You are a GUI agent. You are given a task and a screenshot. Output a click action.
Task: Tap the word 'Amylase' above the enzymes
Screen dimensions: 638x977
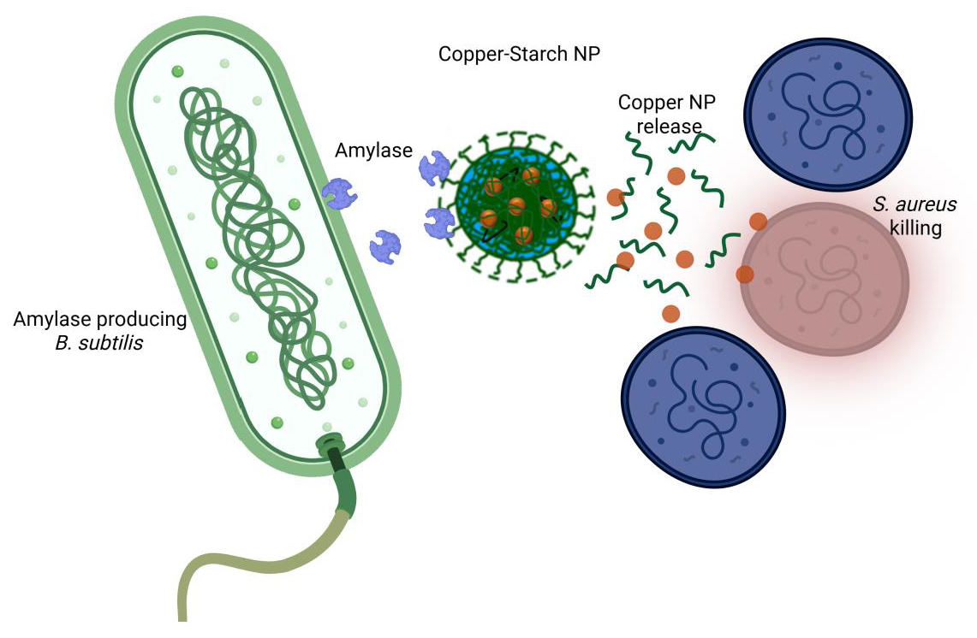pos(374,151)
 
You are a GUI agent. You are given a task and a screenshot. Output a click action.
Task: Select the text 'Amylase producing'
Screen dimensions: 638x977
pos(100,320)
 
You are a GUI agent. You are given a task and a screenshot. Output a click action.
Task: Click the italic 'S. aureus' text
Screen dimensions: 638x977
pos(914,204)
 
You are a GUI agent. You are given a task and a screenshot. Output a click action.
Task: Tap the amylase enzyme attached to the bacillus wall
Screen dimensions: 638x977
pos(339,195)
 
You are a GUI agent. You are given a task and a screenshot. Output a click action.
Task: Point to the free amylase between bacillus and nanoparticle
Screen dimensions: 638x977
pos(385,246)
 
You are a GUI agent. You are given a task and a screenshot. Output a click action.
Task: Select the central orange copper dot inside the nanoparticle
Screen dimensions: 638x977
pos(516,206)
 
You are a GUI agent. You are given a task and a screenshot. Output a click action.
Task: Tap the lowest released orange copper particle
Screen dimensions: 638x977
pos(671,313)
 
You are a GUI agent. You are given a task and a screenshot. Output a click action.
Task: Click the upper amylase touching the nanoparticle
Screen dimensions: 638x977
pos(434,168)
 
